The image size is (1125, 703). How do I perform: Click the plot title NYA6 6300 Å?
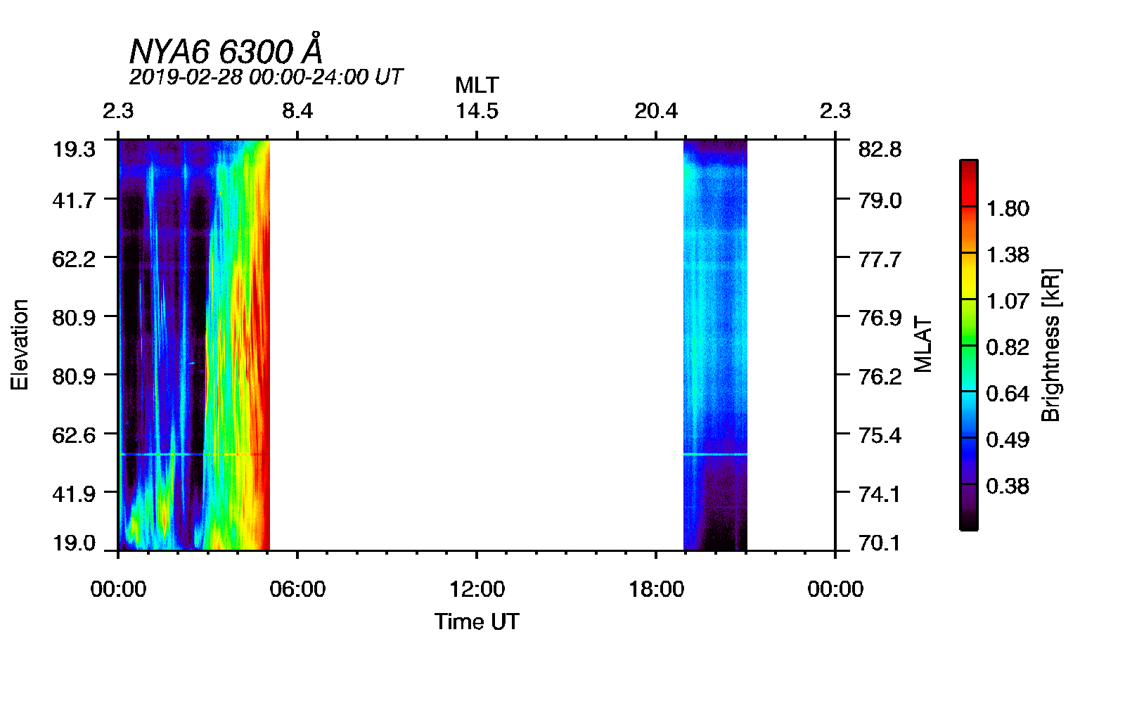tap(226, 51)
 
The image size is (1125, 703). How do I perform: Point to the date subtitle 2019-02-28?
tap(266, 77)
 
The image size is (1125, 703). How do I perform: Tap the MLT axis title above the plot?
tap(477, 85)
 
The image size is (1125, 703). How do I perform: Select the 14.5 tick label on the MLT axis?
tap(477, 111)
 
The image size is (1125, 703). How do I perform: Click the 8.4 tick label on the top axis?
tap(297, 111)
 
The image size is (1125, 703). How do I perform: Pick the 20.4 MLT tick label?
tap(656, 111)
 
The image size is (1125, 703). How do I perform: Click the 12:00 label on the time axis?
tap(477, 589)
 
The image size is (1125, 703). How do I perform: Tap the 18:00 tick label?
tap(656, 589)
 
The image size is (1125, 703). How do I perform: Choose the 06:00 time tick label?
tap(297, 589)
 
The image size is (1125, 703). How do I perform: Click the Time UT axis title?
tap(477, 621)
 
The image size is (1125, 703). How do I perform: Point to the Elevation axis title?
tap(20, 344)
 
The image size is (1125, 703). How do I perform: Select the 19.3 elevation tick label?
tap(74, 149)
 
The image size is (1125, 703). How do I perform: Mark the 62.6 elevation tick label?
tap(74, 435)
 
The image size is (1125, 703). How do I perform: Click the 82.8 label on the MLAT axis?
tap(880, 149)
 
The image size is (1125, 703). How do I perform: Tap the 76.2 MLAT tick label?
tap(880, 377)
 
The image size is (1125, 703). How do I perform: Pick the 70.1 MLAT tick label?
tap(880, 543)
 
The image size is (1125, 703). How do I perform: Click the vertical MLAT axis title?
tap(922, 344)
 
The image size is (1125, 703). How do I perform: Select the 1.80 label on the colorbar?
tap(1008, 208)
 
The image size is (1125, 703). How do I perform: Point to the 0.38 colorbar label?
tap(1008, 486)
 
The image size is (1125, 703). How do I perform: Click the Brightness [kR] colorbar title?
tap(1050, 344)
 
